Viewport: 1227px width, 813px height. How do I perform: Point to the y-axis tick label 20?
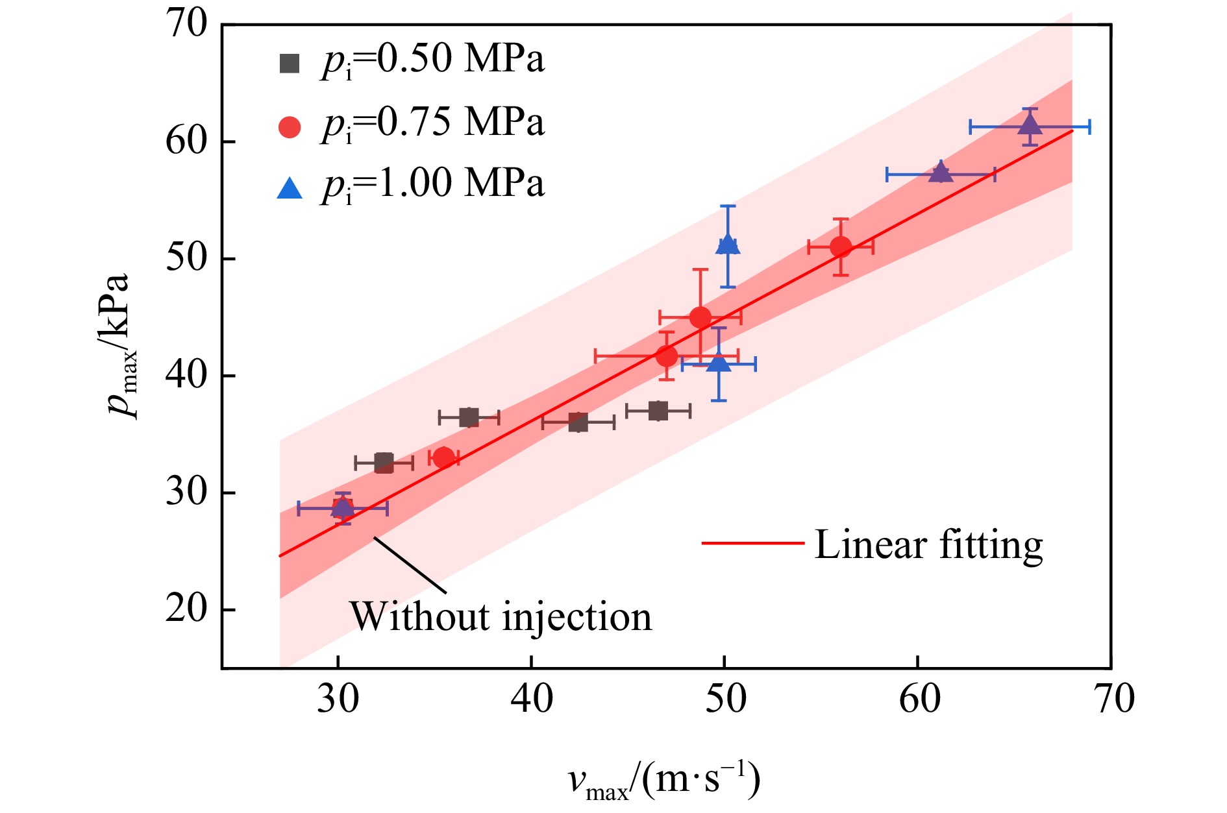tap(186, 609)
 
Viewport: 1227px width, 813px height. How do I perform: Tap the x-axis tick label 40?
tap(532, 699)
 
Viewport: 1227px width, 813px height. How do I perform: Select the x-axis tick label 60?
tap(919, 699)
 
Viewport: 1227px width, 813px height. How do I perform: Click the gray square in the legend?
tap(290, 63)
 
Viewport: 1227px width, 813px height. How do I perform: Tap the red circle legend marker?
tap(290, 127)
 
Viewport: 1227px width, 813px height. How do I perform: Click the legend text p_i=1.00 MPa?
tap(432, 184)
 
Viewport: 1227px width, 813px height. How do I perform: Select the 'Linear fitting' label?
tap(928, 545)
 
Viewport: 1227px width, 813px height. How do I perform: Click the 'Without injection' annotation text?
tap(501, 616)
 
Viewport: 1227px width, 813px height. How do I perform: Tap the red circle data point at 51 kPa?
tap(841, 247)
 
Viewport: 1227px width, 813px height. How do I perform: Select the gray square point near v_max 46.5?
tap(658, 411)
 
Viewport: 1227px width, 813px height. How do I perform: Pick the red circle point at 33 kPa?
tap(443, 458)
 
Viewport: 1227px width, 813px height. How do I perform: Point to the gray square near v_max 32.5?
tap(384, 463)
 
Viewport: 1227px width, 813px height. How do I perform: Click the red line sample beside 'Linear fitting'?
tap(753, 542)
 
